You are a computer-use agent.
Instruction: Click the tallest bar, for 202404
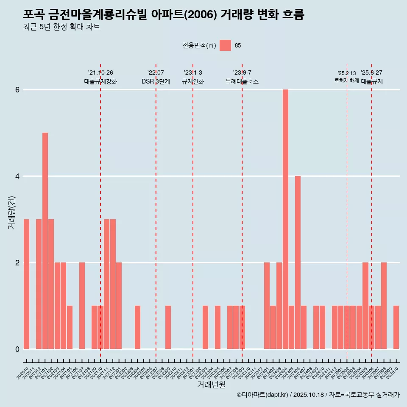click(285, 219)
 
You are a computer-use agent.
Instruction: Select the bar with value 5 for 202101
click(45, 241)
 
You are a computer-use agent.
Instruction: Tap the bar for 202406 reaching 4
click(298, 262)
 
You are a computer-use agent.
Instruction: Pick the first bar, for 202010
click(26, 284)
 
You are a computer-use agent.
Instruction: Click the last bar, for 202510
click(396, 327)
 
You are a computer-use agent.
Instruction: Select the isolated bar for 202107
click(82, 306)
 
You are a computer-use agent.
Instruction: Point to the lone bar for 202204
click(137, 327)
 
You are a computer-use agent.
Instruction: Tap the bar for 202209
click(168, 327)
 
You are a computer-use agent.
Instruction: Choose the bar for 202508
click(384, 306)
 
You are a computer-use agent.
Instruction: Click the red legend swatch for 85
click(225, 45)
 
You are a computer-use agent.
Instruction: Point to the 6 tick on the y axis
click(17, 90)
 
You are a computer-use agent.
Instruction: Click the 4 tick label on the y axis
click(17, 176)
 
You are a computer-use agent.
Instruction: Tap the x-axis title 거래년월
click(211, 385)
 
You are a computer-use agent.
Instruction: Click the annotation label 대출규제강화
click(100, 81)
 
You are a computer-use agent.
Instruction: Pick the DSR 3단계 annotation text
click(156, 81)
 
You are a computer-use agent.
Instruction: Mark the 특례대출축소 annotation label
click(242, 81)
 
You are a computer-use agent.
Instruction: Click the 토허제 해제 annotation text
click(346, 81)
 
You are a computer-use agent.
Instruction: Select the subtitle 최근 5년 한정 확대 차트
click(62, 28)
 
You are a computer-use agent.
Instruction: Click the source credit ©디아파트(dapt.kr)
click(262, 395)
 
